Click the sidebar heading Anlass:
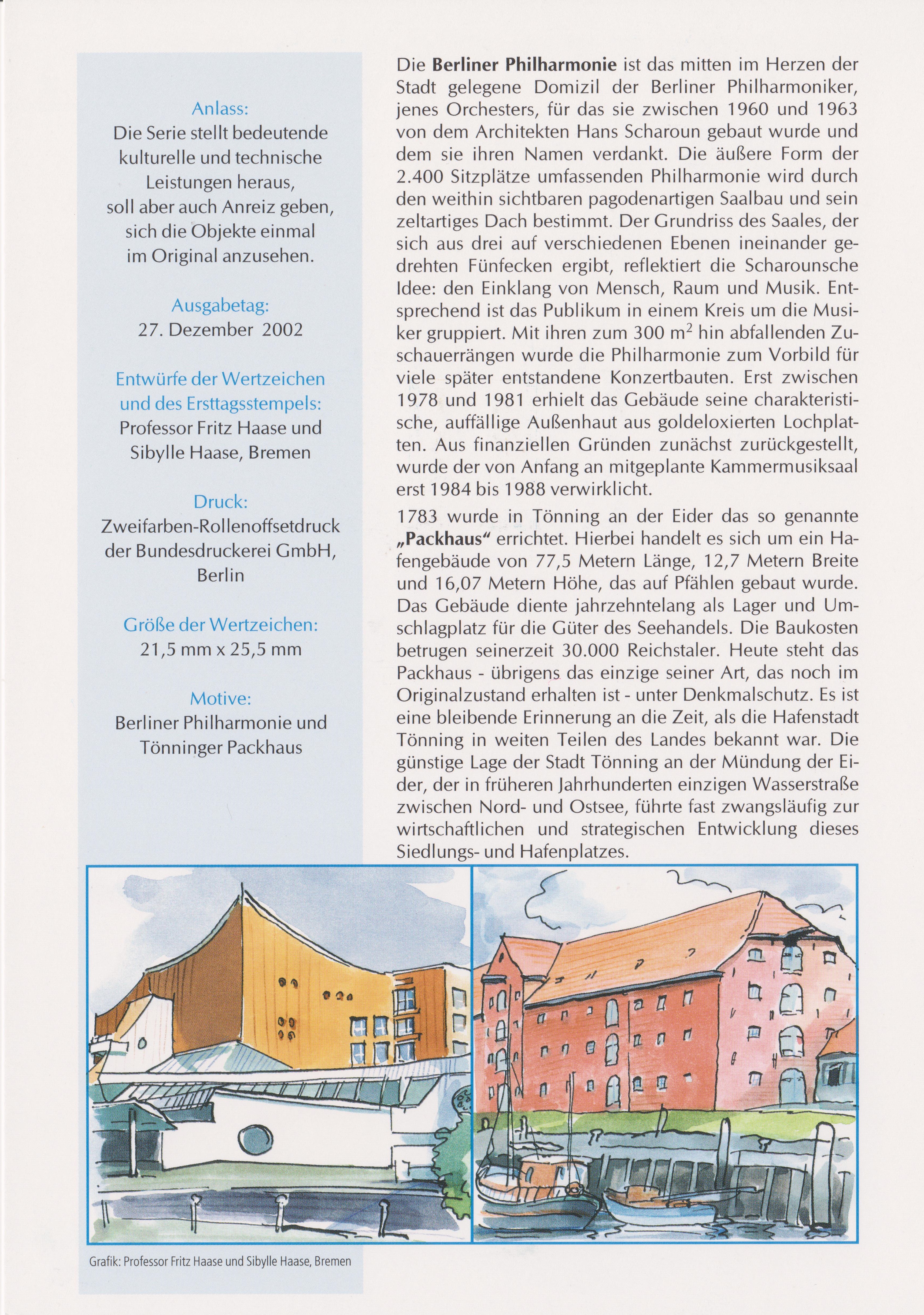(220, 109)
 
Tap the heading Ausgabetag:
(220, 307)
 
